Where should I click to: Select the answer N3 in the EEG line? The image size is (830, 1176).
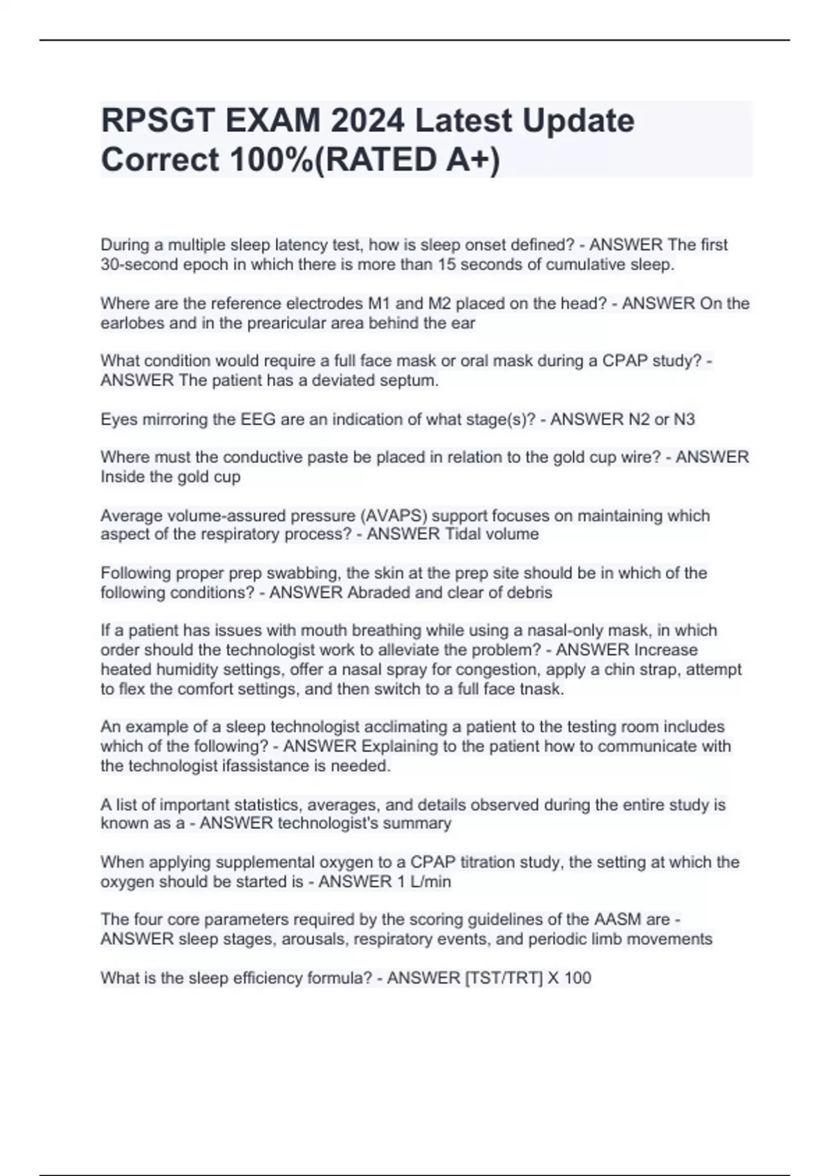[x=683, y=419]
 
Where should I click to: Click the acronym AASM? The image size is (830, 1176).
[x=617, y=919]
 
